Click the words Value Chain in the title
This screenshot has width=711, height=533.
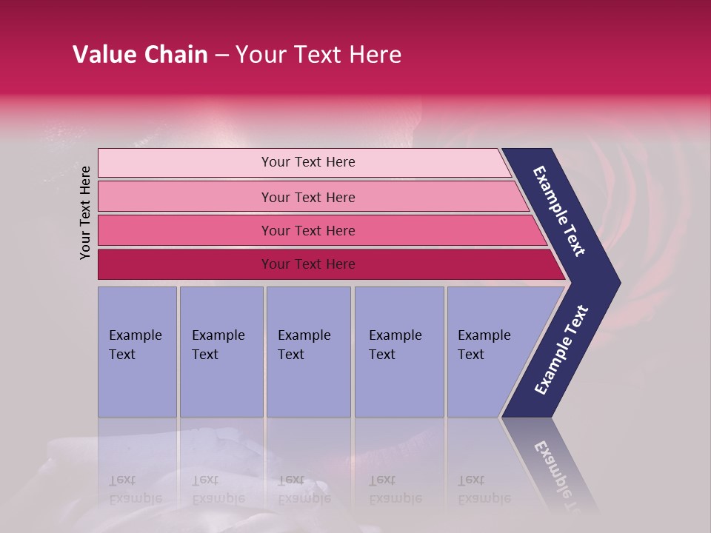pyautogui.click(x=140, y=55)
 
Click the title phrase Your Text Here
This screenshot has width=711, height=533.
pyautogui.click(x=318, y=55)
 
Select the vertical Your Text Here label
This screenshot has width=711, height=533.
pyautogui.click(x=85, y=212)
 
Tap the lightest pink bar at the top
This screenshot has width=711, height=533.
pyautogui.click(x=185, y=163)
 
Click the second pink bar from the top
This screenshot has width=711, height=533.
pyautogui.click(x=185, y=197)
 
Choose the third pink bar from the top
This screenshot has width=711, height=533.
pyautogui.click(x=185, y=230)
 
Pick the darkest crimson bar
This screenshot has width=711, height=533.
pyautogui.click(x=185, y=264)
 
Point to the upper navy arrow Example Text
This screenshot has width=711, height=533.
pyautogui.click(x=559, y=211)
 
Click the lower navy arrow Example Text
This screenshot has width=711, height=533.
pyautogui.click(x=561, y=350)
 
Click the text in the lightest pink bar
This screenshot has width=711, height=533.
pyautogui.click(x=308, y=162)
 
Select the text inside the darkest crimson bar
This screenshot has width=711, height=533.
pyautogui.click(x=308, y=264)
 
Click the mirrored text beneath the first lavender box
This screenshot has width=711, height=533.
pyautogui.click(x=135, y=489)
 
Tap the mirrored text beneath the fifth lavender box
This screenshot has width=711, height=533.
pyautogui.click(x=484, y=489)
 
